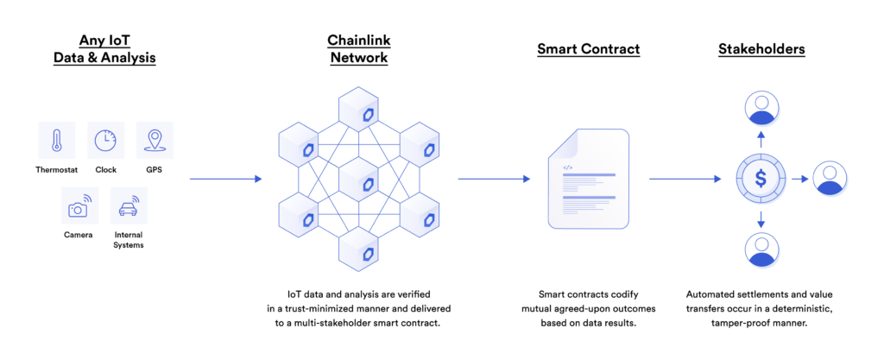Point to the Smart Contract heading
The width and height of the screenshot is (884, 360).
click(589, 49)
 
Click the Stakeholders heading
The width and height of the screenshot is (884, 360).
click(761, 49)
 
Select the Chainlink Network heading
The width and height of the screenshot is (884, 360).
click(357, 48)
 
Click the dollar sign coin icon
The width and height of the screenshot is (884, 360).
click(761, 180)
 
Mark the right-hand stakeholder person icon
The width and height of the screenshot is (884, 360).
click(830, 180)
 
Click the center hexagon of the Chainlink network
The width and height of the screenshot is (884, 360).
click(357, 180)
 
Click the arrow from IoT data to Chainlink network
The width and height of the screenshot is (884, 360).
click(225, 180)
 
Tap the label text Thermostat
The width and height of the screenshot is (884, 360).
click(57, 169)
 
